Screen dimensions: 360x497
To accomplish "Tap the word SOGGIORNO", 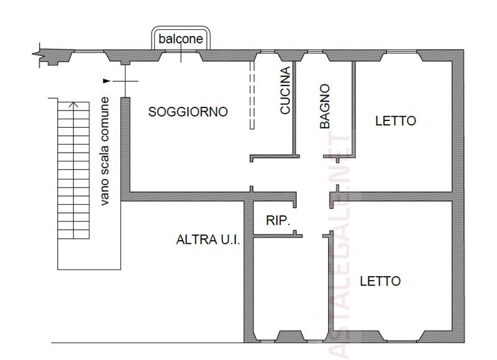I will click(188, 112).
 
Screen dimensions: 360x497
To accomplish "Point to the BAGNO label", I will click(324, 106).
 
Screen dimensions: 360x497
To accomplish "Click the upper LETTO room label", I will click(395, 121).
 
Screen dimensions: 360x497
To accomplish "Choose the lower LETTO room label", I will click(380, 281).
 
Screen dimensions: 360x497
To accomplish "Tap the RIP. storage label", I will click(278, 220).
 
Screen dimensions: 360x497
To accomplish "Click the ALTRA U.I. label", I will click(208, 239).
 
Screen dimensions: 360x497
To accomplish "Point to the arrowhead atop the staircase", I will click(74, 104).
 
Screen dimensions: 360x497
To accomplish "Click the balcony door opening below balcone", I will click(180, 55).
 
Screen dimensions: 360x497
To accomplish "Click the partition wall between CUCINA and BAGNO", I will click(293, 106).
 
